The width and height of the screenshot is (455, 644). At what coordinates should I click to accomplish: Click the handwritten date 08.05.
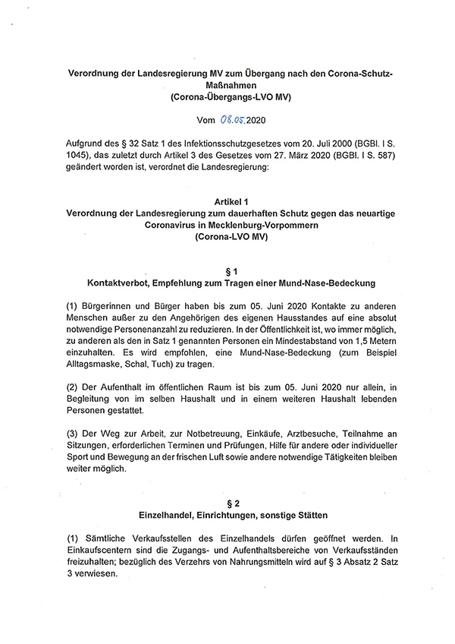[237, 119]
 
